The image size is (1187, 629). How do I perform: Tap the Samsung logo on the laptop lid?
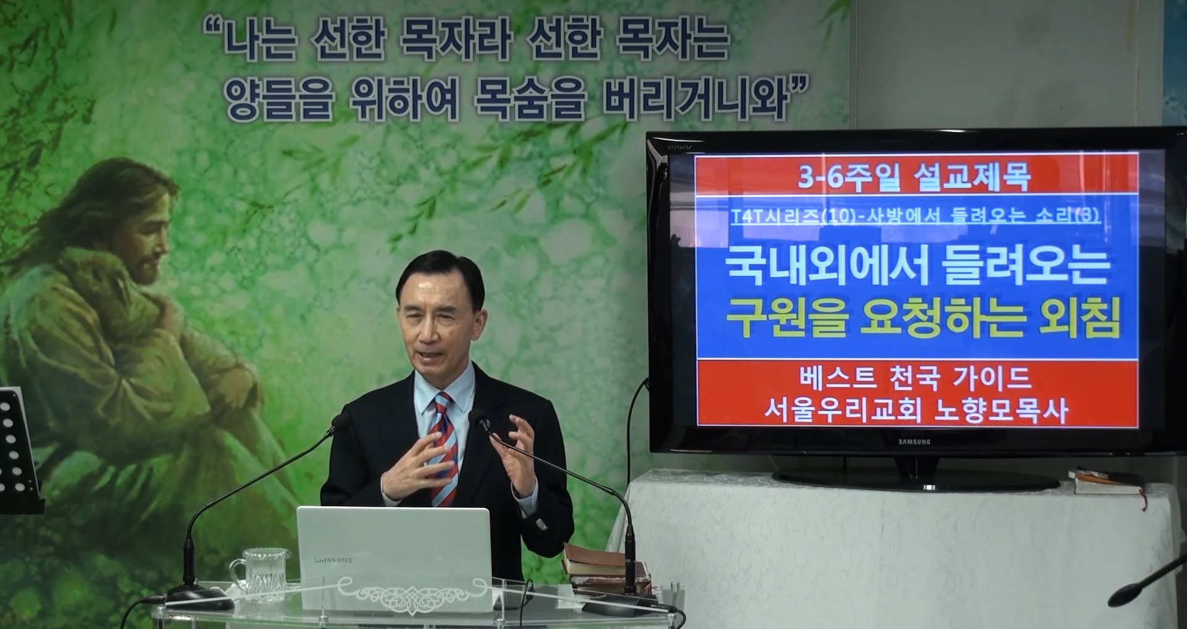click(333, 560)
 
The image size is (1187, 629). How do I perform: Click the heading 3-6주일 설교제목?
click(914, 178)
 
